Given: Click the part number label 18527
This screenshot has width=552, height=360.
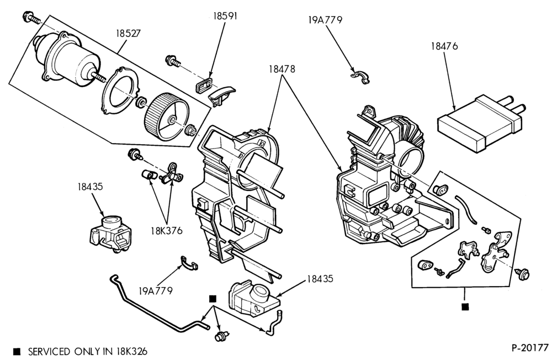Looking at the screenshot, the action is pyautogui.click(x=129, y=34).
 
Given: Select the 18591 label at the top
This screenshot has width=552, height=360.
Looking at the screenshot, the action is pyautogui.click(x=225, y=16).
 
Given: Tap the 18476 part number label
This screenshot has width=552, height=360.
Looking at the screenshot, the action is pyautogui.click(x=444, y=46).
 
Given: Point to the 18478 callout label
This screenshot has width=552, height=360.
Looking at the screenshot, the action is pyautogui.click(x=282, y=70).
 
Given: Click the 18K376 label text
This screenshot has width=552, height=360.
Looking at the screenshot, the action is pyautogui.click(x=167, y=231).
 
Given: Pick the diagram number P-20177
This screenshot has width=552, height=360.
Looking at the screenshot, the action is pyautogui.click(x=530, y=347).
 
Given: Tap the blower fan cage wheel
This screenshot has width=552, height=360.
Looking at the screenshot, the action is pyautogui.click(x=167, y=116).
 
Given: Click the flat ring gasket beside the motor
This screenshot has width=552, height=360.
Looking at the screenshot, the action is pyautogui.click(x=121, y=91).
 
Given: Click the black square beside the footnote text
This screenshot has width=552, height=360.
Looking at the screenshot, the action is pyautogui.click(x=17, y=352).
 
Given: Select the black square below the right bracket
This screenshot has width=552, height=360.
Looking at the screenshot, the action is pyautogui.click(x=465, y=307).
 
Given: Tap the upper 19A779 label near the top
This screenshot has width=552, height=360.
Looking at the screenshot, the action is pyautogui.click(x=325, y=20).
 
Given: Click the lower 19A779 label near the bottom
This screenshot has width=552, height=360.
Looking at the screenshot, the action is pyautogui.click(x=156, y=291).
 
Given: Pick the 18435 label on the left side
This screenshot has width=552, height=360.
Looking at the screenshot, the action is pyautogui.click(x=91, y=186).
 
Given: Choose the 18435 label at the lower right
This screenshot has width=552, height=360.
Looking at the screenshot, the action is pyautogui.click(x=320, y=279).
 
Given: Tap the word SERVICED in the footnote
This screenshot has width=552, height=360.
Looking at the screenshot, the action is pyautogui.click(x=49, y=352).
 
